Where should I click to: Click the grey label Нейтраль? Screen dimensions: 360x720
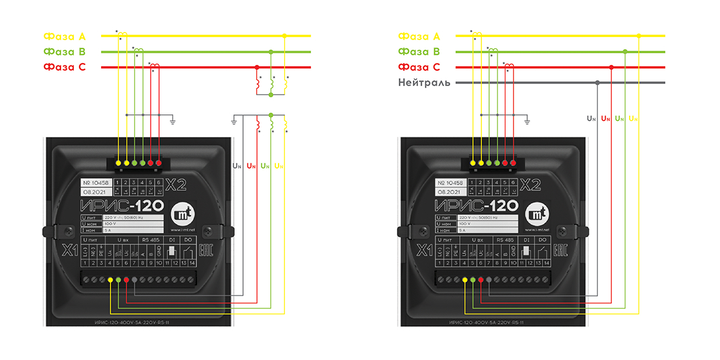tap(424, 83)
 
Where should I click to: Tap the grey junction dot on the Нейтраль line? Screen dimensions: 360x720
tap(597, 83)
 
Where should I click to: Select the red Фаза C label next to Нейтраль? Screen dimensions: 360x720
tap(419, 67)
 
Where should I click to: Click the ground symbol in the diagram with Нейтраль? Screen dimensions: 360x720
tap(527, 119)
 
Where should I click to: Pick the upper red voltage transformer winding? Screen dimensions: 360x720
tap(258, 83)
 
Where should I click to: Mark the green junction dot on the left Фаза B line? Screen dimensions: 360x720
tap(271, 52)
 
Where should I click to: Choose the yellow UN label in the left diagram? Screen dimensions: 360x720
tap(279, 166)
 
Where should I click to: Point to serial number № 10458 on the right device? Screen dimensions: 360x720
tap(451, 182)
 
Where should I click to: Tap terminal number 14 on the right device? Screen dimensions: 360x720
tap(546, 263)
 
